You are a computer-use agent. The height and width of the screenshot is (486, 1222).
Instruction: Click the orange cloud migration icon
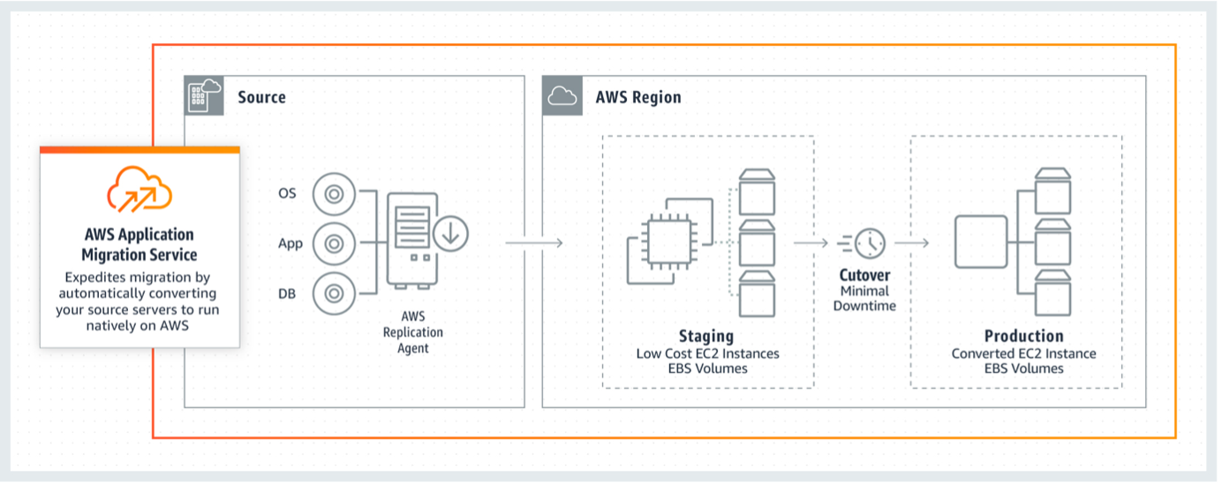(x=140, y=186)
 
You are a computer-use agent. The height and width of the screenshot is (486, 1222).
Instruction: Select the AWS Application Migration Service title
(x=140, y=245)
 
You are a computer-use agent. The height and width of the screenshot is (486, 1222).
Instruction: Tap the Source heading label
(x=261, y=96)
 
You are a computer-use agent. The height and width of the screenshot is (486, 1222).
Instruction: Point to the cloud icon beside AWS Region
(x=562, y=96)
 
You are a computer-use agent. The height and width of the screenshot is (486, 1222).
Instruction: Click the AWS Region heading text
(x=638, y=96)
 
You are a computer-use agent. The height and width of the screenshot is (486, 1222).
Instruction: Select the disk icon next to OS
(x=334, y=194)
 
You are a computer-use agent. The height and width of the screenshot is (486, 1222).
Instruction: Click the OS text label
(x=288, y=194)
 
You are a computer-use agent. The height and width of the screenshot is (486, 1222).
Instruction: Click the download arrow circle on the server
(x=450, y=233)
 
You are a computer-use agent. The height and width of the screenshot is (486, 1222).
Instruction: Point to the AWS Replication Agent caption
(x=412, y=332)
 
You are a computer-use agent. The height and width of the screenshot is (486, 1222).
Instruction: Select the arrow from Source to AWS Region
(x=534, y=242)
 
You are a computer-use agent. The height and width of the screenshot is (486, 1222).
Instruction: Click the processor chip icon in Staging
(x=670, y=241)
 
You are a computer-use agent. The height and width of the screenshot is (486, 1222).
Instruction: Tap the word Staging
(x=706, y=336)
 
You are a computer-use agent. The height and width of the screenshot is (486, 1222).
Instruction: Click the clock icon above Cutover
(x=870, y=242)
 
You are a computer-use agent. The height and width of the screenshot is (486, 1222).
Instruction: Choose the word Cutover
(x=864, y=275)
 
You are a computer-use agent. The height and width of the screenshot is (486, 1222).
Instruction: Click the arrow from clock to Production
(x=912, y=242)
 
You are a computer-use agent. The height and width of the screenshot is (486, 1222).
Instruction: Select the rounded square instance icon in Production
(x=981, y=242)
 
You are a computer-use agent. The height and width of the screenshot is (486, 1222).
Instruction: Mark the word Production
(x=1024, y=336)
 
